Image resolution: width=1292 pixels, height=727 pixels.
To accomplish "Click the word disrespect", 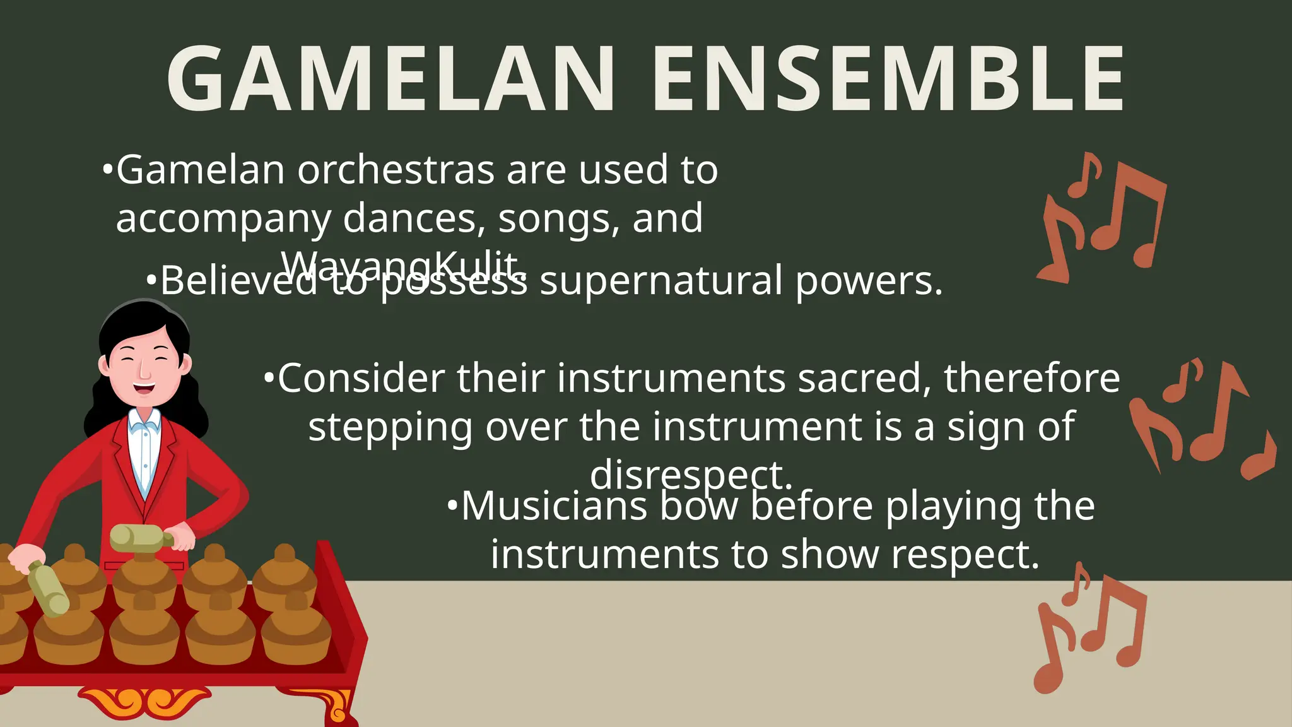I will [691, 475].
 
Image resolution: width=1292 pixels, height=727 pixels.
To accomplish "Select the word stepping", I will [391, 427].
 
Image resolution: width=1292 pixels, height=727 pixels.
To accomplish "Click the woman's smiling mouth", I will [144, 386].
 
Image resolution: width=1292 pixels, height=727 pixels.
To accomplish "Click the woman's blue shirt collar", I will [144, 421].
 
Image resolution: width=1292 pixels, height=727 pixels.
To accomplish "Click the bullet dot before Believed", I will [151, 280].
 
